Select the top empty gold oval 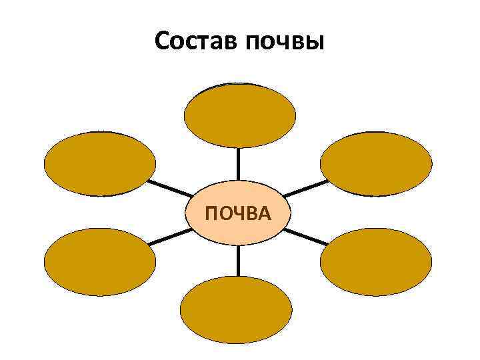point(239,115)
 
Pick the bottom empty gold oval point(237,309)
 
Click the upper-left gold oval point(100,163)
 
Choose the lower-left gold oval point(100,261)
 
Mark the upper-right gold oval point(376,163)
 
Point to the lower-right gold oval point(376,261)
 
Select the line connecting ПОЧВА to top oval point(239,164)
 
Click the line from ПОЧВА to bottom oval point(238,261)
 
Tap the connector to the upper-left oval point(169,187)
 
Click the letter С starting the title point(162,42)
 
